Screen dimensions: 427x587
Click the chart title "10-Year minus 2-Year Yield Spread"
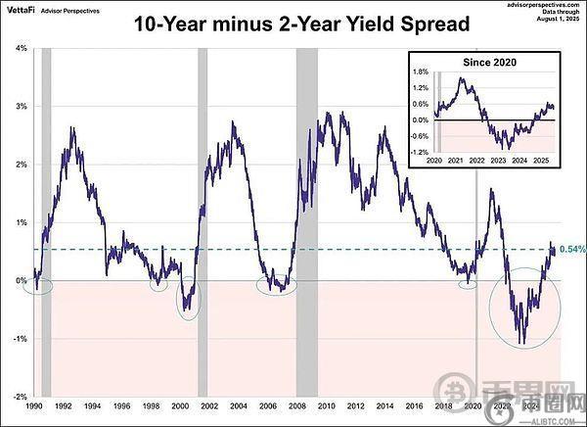[x=293, y=26]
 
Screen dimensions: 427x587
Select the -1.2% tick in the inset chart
[x=422, y=153]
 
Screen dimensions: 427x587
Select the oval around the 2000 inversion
[x=188, y=300]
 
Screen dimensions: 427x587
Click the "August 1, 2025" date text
[x=560, y=21]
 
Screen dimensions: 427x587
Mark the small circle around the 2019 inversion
[x=469, y=284]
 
